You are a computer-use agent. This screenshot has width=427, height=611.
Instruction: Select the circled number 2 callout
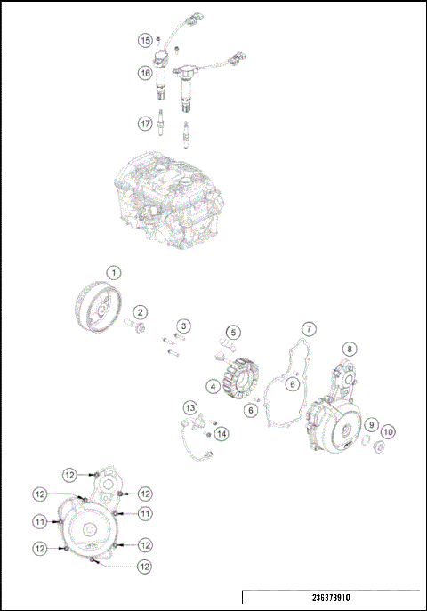pos(141,312)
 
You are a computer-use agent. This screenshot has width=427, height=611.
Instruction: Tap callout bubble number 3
pos(182,326)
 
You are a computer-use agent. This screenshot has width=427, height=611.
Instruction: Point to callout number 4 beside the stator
pos(214,387)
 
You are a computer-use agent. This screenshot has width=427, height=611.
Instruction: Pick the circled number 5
pos(233,332)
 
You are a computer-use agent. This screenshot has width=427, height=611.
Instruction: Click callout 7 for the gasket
pos(308,328)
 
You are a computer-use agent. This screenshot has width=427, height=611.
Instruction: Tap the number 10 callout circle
pos(389,431)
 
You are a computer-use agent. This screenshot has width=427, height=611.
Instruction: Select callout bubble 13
pos(189,406)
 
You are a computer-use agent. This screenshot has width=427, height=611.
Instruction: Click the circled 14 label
pos(221,433)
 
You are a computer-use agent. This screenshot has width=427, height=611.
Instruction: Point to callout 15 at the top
pos(144,40)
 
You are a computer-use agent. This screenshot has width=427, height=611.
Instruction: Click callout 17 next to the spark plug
pos(144,124)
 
